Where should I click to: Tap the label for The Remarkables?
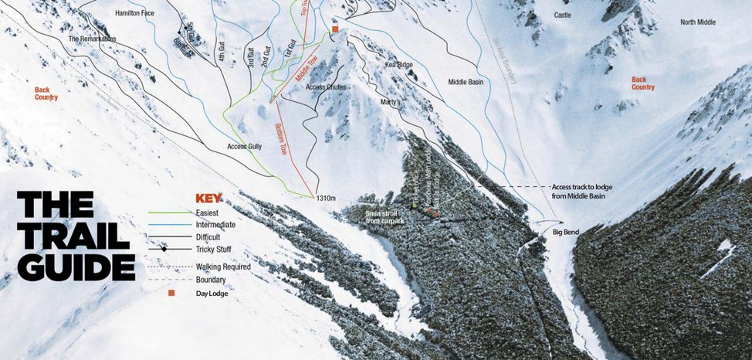pos(93,39)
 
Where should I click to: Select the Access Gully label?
pos(245,146)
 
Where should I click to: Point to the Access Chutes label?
pos(326,87)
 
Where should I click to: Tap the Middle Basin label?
pos(466,81)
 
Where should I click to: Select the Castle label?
pos(563,15)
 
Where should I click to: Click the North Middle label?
pos(698,22)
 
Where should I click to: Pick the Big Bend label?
pos(566,232)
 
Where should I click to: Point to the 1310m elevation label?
pos(326,199)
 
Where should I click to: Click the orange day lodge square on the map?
pos(335,29)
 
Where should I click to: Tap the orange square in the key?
pos(171,293)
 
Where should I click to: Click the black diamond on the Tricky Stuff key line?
pos(164,249)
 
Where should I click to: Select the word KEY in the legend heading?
pos(209,198)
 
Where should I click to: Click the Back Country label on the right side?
pos(642,83)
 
